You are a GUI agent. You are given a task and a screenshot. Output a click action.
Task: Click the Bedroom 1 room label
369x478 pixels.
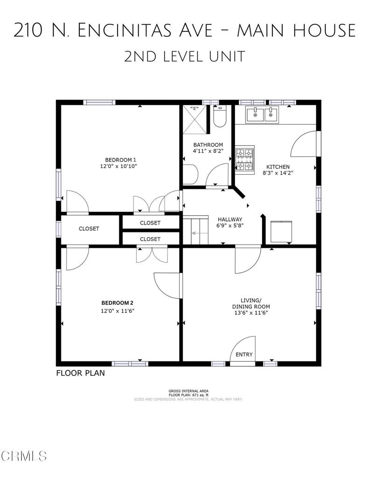point(120,160)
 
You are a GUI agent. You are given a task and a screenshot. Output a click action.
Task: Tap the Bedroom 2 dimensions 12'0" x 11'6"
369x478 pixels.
point(118,311)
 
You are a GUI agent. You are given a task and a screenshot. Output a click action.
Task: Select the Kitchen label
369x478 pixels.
point(278,167)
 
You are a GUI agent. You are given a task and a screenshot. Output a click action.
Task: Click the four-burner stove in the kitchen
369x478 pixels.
point(245,160)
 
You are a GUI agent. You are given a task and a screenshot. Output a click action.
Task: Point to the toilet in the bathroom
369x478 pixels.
point(219,116)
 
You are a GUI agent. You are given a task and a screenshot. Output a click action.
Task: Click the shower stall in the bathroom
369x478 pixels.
point(195,119)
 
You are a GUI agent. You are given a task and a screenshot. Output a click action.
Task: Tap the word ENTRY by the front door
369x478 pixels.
point(244,355)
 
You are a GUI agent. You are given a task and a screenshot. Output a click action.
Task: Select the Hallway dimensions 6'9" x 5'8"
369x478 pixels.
point(230,225)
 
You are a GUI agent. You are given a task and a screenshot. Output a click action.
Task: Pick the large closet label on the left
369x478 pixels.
point(89,229)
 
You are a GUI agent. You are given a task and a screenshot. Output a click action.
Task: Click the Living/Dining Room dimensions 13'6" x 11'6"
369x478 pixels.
point(251,312)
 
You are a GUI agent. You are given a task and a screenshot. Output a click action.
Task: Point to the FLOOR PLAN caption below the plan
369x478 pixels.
point(80,373)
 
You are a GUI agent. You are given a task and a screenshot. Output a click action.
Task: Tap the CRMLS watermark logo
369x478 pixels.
point(23,456)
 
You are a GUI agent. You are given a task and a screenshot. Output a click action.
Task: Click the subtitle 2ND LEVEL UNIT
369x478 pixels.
point(184,56)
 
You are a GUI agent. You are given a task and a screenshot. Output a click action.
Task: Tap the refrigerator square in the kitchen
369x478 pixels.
point(281,232)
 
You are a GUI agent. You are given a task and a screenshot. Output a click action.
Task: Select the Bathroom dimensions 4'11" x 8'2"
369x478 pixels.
point(208,151)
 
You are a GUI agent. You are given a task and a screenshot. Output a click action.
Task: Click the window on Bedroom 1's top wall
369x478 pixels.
point(99,102)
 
